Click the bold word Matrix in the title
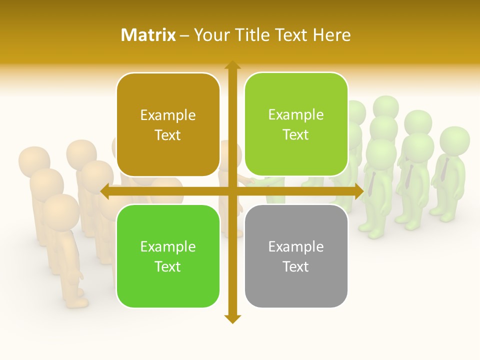(x=148, y=35)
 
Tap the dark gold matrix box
(x=168, y=124)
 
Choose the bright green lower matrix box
(x=168, y=256)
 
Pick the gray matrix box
(x=296, y=256)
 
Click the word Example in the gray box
(x=296, y=246)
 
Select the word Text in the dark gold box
(x=168, y=135)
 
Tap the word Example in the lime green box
(x=296, y=114)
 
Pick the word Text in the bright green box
(x=168, y=266)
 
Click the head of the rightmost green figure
(x=454, y=140)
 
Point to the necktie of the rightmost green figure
(x=444, y=170)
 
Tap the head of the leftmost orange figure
(x=34, y=161)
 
